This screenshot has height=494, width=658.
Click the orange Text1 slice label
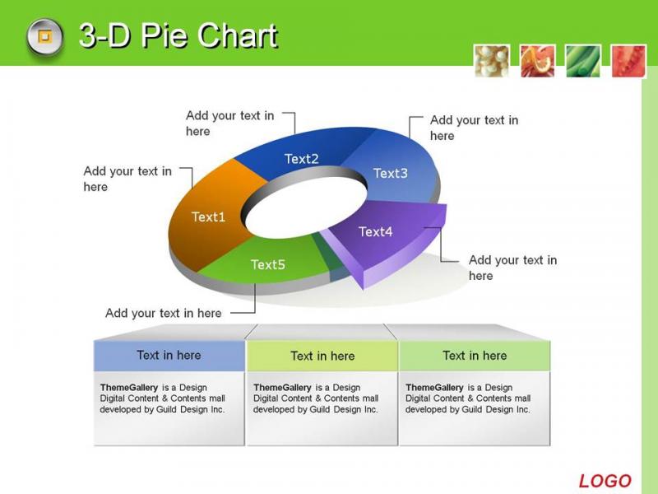pos(209,217)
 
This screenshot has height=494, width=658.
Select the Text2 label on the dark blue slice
pos(301,159)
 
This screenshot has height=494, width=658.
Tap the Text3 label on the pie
pos(390,173)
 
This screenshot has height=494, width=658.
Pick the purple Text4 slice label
pos(376,231)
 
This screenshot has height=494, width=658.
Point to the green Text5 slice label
pos(268,264)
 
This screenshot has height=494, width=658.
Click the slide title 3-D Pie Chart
pos(178,35)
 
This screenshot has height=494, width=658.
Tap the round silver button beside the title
pos(45,36)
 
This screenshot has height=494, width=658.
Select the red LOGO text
pos(605,481)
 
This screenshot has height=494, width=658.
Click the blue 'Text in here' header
pos(169,356)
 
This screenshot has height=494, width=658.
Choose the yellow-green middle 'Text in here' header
pos(322,356)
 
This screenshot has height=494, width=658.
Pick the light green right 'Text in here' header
pos(475,356)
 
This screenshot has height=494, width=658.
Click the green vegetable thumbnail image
pos(583,61)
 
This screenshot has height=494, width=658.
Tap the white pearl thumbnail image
pos(492,61)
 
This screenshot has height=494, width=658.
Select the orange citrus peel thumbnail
pos(538,61)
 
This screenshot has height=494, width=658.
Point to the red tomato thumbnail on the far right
pos(628,61)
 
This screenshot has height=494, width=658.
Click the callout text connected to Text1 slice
pos(127,179)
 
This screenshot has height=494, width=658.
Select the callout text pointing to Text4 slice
pos(512,268)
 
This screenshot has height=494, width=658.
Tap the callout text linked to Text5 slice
pos(163,313)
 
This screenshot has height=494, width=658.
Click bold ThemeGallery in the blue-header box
pos(129,387)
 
